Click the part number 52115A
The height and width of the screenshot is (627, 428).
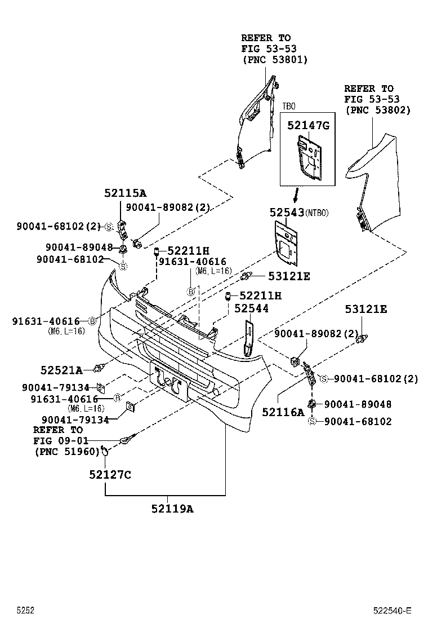click(125, 193)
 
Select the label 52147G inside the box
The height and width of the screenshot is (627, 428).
click(308, 126)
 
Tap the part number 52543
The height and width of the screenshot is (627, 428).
click(286, 212)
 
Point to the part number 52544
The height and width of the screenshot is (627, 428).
click(251, 308)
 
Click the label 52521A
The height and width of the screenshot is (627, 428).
click(61, 370)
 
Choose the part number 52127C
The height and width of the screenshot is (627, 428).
click(110, 475)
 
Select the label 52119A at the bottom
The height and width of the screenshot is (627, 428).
click(172, 509)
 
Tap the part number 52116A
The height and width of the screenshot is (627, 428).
click(283, 412)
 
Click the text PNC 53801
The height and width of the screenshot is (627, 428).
click(275, 59)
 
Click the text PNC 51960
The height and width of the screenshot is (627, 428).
click(66, 451)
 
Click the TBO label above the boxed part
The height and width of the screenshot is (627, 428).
click(288, 106)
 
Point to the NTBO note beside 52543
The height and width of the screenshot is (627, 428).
click(317, 213)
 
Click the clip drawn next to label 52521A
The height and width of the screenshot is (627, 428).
click(100, 368)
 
